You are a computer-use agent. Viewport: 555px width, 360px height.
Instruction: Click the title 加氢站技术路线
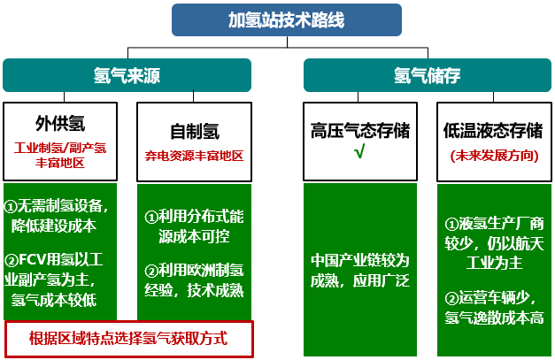coord(286,19)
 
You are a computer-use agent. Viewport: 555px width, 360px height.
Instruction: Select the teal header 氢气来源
coord(127,75)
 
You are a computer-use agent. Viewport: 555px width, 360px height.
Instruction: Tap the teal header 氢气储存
coord(428,75)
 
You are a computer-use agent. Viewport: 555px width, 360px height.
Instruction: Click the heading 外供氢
coord(60,124)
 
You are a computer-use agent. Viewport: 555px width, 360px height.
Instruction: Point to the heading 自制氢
coord(195,131)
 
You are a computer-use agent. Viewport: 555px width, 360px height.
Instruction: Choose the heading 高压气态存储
coord(360,131)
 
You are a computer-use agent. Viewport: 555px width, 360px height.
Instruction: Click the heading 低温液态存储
coord(493,131)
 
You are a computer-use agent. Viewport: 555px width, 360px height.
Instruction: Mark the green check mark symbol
coord(359,151)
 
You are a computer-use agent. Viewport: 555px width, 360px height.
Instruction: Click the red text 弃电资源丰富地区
coord(195,156)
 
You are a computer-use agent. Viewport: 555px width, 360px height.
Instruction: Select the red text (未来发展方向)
coord(495,156)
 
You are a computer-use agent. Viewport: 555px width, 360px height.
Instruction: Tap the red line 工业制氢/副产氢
coord(60,148)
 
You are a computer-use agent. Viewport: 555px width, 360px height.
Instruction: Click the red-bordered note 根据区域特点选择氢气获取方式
coord(129,339)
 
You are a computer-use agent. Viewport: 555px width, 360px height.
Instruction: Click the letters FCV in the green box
coord(32,260)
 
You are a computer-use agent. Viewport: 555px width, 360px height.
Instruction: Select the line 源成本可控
coord(194,236)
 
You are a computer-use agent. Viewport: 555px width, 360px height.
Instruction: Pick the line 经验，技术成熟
coord(194,290)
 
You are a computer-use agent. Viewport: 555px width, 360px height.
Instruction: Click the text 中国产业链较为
coord(360,260)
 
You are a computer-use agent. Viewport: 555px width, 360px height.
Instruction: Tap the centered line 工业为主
coord(495,263)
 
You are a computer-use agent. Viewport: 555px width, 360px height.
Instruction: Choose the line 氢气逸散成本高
coord(495,318)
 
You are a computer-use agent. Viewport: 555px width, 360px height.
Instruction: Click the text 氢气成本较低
coord(54,300)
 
